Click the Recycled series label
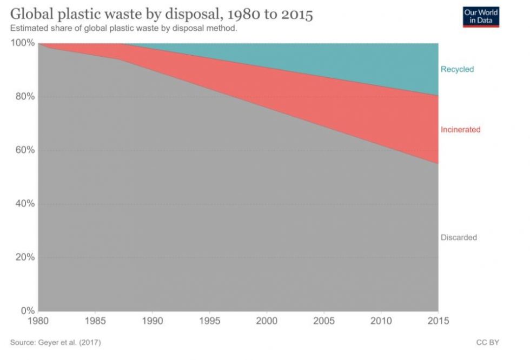tap(457, 69)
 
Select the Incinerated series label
tap(460, 130)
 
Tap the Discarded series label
tap(459, 237)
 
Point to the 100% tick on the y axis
tap(22, 43)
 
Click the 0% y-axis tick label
tap(26, 311)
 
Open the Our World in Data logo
tap(481, 16)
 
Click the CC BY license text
tap(487, 343)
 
